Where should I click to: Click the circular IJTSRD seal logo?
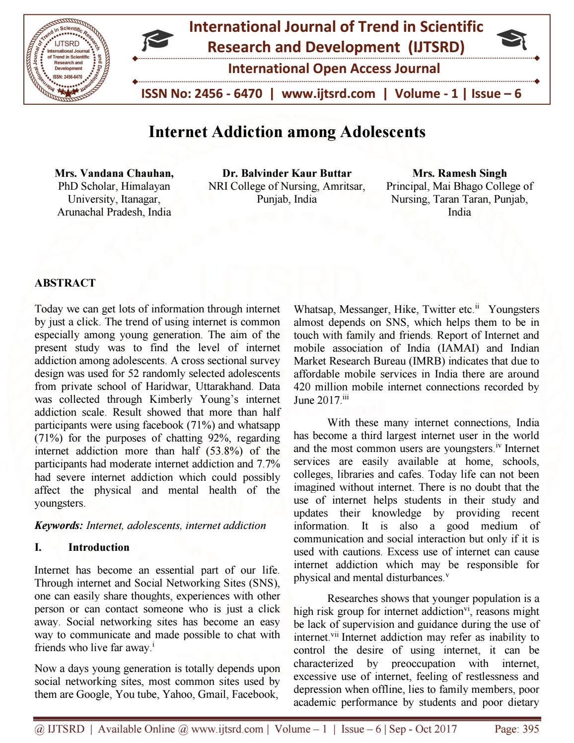[x=69, y=59]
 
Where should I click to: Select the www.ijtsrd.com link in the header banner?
[x=328, y=93]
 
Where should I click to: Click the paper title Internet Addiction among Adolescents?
[x=287, y=132]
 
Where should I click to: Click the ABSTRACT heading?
[x=65, y=283]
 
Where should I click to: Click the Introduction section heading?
[x=98, y=547]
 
